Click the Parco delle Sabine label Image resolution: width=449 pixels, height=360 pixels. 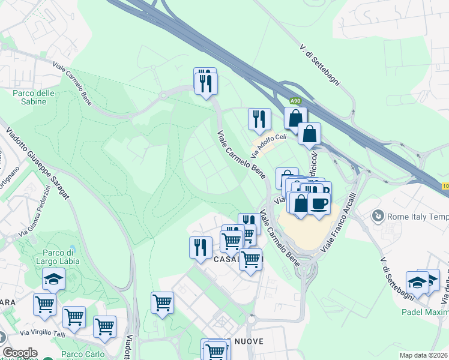click(x=34, y=97)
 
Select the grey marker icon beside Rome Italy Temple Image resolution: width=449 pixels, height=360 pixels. click(x=378, y=215)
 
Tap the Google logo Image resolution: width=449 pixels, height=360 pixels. click(x=20, y=353)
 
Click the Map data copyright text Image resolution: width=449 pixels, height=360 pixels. click(x=424, y=355)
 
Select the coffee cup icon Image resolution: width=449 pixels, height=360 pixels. click(x=319, y=203)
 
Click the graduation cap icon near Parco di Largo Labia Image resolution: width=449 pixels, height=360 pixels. click(x=53, y=279)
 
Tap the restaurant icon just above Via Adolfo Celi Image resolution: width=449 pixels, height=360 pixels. click(x=259, y=119)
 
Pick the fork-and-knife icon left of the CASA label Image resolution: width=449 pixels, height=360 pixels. click(x=200, y=247)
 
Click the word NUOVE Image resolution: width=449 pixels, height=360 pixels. click(x=244, y=341)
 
